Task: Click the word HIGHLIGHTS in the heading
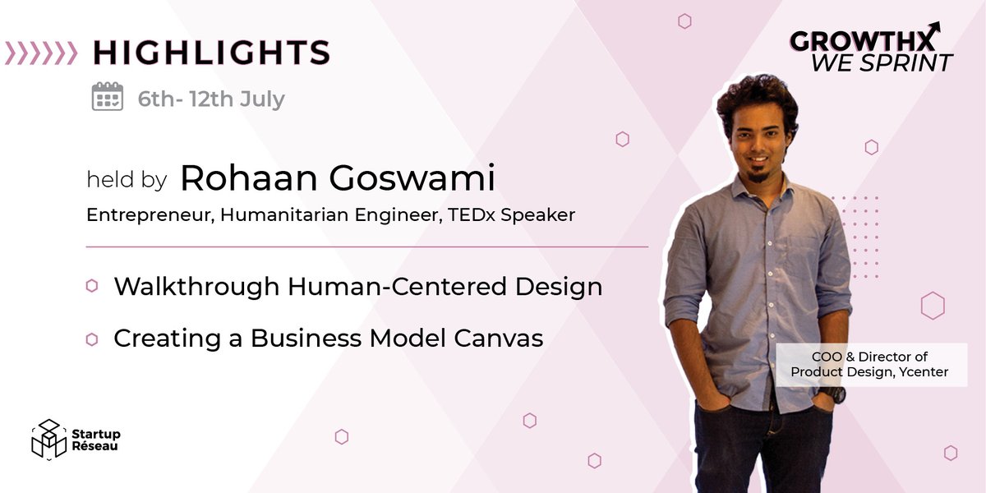211,52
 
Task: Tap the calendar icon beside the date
107,97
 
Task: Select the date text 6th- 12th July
211,99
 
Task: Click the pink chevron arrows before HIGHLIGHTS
41,52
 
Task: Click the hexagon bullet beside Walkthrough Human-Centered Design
92,286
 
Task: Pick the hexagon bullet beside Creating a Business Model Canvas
92,338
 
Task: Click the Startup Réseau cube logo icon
48,439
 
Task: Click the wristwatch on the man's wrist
832,394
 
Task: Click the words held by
127,180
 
